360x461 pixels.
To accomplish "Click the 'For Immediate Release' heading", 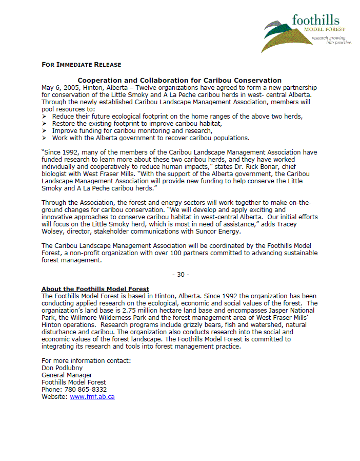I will (x=81, y=65).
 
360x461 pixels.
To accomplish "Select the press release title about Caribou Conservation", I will (x=179, y=80).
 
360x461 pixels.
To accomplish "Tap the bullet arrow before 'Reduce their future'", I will (x=45, y=117).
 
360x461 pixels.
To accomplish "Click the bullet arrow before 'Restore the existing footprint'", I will (x=45, y=124).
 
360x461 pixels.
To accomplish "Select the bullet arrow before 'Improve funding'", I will (x=45, y=131).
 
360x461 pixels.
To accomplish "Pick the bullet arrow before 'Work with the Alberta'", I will (x=45, y=138).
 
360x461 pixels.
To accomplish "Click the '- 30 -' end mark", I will (x=180, y=275).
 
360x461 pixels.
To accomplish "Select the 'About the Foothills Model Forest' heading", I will (x=95, y=289).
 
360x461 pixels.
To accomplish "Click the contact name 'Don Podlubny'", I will (x=62, y=368).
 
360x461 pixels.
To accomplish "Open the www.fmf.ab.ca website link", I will (x=92, y=397).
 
